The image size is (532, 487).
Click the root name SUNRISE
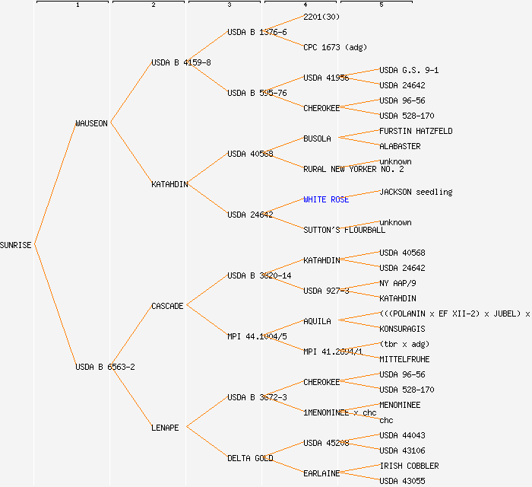[16, 245]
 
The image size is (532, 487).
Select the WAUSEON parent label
[91, 123]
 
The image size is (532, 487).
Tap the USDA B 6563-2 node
[105, 367]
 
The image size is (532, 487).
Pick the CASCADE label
[167, 306]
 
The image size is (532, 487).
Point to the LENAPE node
[165, 428]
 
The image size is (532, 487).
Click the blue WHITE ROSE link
[326, 199]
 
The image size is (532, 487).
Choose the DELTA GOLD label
[250, 458]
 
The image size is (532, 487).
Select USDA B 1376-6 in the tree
[257, 32]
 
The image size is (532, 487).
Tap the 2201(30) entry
[321, 17]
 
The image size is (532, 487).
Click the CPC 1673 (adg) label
[335, 47]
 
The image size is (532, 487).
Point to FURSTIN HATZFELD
[416, 131]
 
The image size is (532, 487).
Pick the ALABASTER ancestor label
[400, 146]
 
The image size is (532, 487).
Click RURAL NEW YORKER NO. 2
[353, 169]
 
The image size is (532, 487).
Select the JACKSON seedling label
[416, 192]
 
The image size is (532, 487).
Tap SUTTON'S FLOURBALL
[344, 230]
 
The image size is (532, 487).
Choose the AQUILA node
[317, 321]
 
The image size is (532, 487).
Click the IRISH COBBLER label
[409, 466]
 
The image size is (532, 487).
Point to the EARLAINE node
[321, 473]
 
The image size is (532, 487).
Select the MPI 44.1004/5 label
[257, 336]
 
